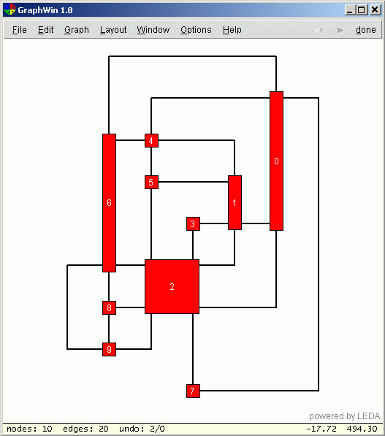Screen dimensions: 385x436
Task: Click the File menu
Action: (20, 29)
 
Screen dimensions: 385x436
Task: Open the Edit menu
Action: (45, 29)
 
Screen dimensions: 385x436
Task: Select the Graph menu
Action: (77, 30)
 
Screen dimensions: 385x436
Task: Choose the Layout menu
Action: (113, 30)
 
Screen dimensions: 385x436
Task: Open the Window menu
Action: (153, 29)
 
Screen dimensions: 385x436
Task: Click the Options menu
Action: (196, 30)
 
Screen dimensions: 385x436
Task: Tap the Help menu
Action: (232, 30)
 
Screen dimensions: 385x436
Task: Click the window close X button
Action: (375, 10)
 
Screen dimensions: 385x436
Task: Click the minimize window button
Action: (350, 10)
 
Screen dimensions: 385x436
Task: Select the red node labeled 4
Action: (151, 140)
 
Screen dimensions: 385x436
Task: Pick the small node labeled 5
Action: (151, 182)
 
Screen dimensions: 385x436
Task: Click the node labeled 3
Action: (193, 223)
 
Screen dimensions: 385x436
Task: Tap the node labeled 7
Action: (193, 391)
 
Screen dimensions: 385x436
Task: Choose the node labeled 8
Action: (109, 307)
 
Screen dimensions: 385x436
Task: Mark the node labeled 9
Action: (109, 350)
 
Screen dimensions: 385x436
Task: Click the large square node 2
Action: (172, 287)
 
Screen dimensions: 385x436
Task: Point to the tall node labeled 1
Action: (235, 203)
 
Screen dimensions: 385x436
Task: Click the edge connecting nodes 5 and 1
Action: (193, 182)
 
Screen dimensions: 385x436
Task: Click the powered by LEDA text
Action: (344, 416)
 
